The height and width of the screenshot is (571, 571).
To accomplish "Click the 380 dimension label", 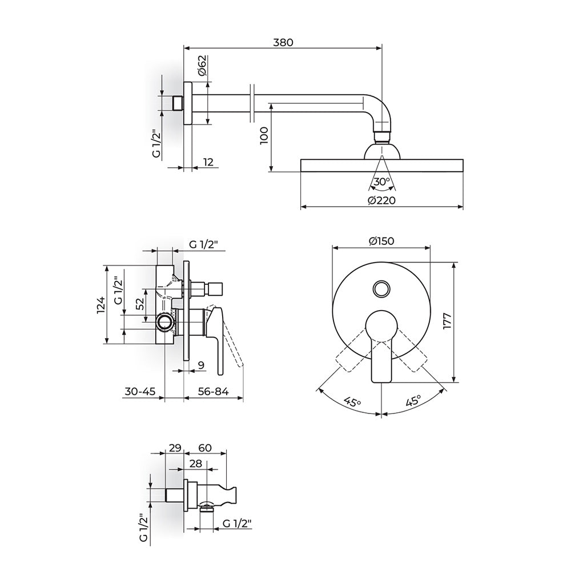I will (x=283, y=43).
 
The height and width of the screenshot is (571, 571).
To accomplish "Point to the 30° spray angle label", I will (x=381, y=182).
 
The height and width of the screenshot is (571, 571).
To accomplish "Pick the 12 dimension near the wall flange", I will (x=208, y=163).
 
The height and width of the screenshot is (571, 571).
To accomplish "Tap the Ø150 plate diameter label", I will (x=381, y=242).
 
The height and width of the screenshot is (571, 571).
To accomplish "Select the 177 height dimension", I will (x=447, y=323).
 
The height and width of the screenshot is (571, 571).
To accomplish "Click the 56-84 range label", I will (x=214, y=392).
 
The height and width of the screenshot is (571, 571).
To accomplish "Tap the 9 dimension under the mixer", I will (x=200, y=364).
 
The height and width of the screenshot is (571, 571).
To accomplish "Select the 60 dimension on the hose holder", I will (x=205, y=448).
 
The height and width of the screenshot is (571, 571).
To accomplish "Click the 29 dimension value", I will (x=175, y=448).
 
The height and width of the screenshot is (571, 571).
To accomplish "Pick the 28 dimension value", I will (x=195, y=465).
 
